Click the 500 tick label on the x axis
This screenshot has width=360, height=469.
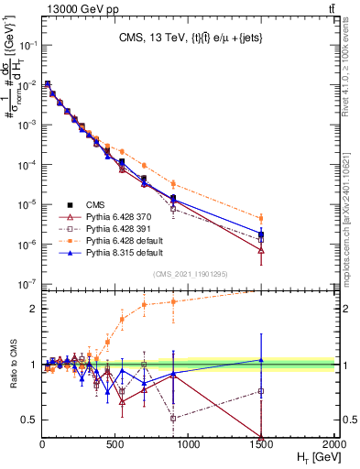pos(115,444)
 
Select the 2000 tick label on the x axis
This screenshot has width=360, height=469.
pos(334,444)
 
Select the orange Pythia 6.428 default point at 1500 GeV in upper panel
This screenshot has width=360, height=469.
pos(262,218)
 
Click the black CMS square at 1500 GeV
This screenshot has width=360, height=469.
pos(262,234)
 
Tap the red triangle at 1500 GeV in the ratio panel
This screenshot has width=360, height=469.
pos(262,437)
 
